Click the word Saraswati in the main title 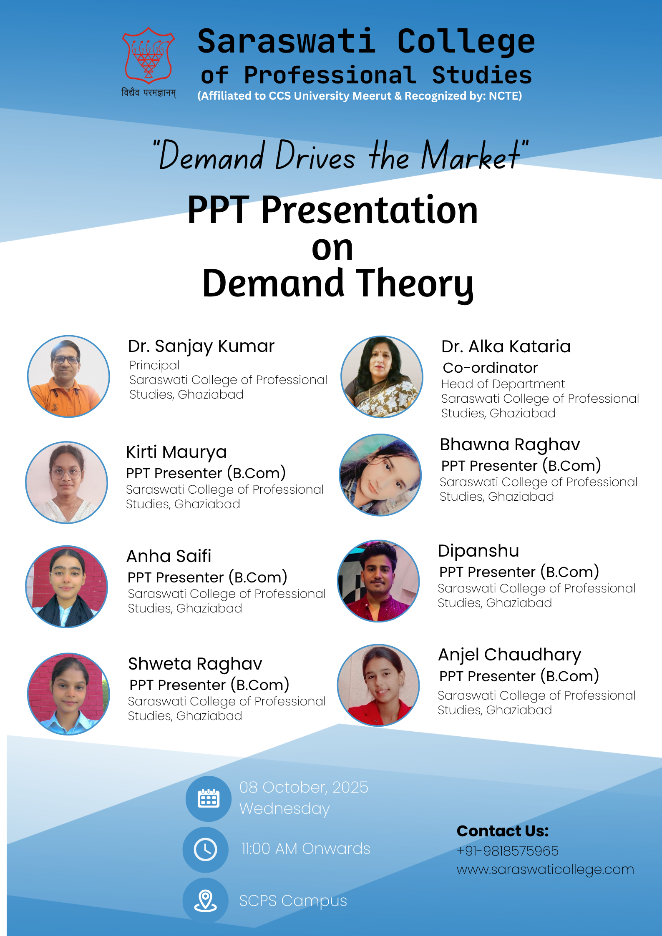tap(287, 42)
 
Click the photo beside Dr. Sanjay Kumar tap(68, 376)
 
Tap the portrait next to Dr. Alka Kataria tap(382, 376)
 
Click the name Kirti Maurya tap(176, 452)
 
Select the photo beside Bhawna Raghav tap(380, 475)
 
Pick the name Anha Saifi tap(169, 556)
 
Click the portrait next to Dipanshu tap(378, 581)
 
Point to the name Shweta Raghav tap(195, 664)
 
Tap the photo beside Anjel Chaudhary tap(378, 685)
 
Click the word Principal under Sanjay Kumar tap(154, 365)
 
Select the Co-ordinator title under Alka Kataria tap(490, 368)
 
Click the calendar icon tap(209, 798)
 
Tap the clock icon tap(206, 849)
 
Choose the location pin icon tap(206, 900)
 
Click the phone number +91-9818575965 tap(508, 851)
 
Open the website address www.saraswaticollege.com tap(545, 870)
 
